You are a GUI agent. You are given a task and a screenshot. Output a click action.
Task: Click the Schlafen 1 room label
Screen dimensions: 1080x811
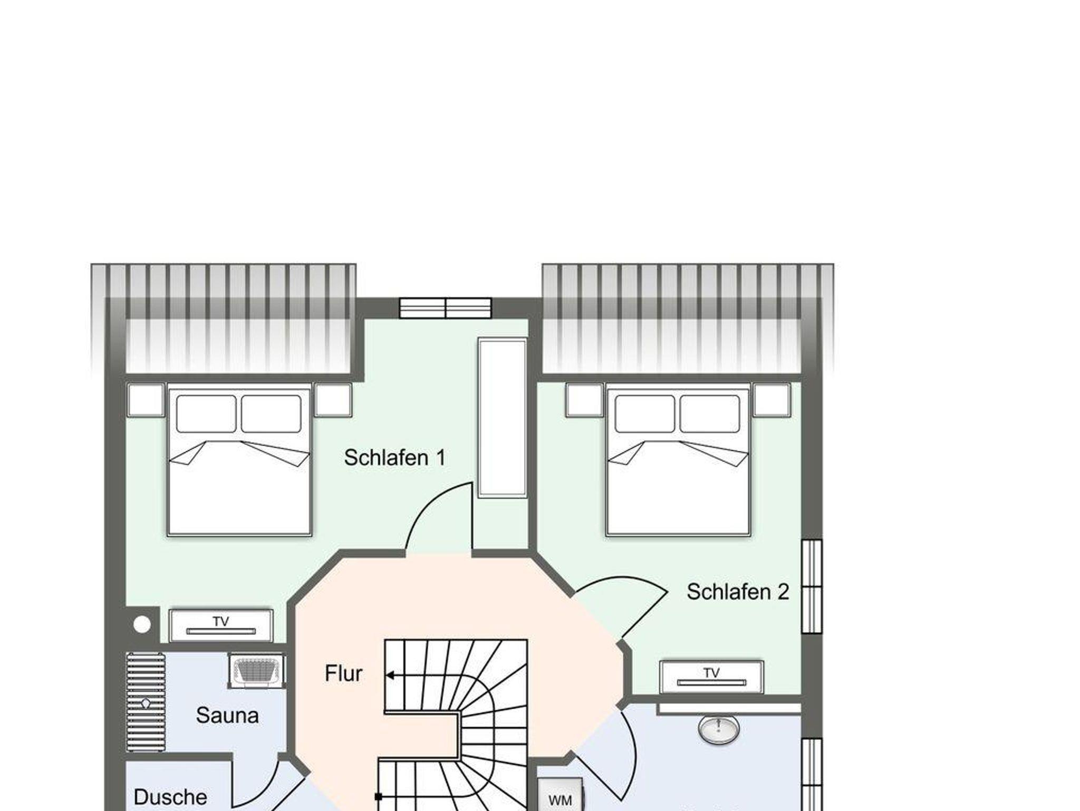394,458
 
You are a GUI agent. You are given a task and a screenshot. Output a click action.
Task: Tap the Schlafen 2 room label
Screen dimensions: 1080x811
738,592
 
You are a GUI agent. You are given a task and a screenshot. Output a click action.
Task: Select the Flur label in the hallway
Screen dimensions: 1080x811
344,673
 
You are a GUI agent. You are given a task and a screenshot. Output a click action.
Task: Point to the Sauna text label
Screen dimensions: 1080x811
227,716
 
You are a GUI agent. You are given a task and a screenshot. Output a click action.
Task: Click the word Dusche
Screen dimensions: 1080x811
170,797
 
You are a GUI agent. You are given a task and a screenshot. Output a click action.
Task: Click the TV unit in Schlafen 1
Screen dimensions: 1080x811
221,625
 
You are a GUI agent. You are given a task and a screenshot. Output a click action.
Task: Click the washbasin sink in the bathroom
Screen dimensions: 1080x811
718,729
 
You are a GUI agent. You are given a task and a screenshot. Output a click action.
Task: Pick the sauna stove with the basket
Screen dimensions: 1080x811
257,671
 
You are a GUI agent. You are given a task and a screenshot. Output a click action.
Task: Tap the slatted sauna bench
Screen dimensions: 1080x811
146,703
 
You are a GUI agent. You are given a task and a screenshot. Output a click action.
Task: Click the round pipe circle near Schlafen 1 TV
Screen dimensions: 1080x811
142,625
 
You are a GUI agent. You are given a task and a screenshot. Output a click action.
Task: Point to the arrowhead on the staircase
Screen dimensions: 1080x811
390,675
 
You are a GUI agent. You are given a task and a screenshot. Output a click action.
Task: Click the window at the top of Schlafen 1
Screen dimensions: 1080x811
446,308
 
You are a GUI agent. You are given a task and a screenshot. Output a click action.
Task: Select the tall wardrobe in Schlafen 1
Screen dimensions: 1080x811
503,418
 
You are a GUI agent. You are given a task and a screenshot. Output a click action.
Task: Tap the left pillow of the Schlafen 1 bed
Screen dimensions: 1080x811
206,414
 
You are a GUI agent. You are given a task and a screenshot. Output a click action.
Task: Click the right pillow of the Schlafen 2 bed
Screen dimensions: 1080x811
710,414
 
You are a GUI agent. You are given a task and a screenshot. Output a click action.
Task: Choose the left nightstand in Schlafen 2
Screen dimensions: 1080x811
584,400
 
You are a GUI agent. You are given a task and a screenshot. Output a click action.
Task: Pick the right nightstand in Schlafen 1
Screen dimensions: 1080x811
333,400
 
